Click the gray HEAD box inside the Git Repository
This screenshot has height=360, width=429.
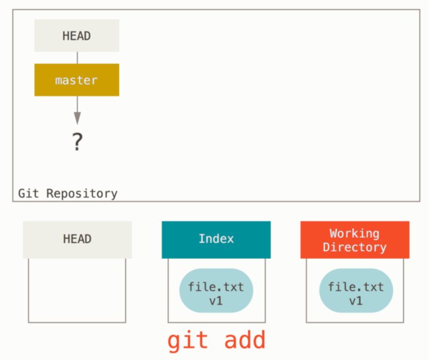pyautogui.click(x=77, y=36)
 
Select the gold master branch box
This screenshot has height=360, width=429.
pyautogui.click(x=77, y=80)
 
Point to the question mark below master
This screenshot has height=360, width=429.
pyautogui.click(x=77, y=141)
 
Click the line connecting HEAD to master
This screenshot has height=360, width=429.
pyautogui.click(x=77, y=58)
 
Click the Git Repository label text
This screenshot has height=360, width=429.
pyautogui.click(x=68, y=193)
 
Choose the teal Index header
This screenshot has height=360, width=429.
pyautogui.click(x=216, y=239)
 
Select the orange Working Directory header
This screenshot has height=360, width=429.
pyautogui.click(x=354, y=240)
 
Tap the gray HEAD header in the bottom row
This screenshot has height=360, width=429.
pyautogui.click(x=77, y=239)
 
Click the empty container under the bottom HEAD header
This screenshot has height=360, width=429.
pyautogui.click(x=77, y=290)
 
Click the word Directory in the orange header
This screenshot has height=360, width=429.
pyautogui.click(x=354, y=247)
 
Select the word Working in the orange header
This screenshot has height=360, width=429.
pyautogui.click(x=354, y=234)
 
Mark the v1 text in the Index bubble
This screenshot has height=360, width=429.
pyautogui.click(x=216, y=301)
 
